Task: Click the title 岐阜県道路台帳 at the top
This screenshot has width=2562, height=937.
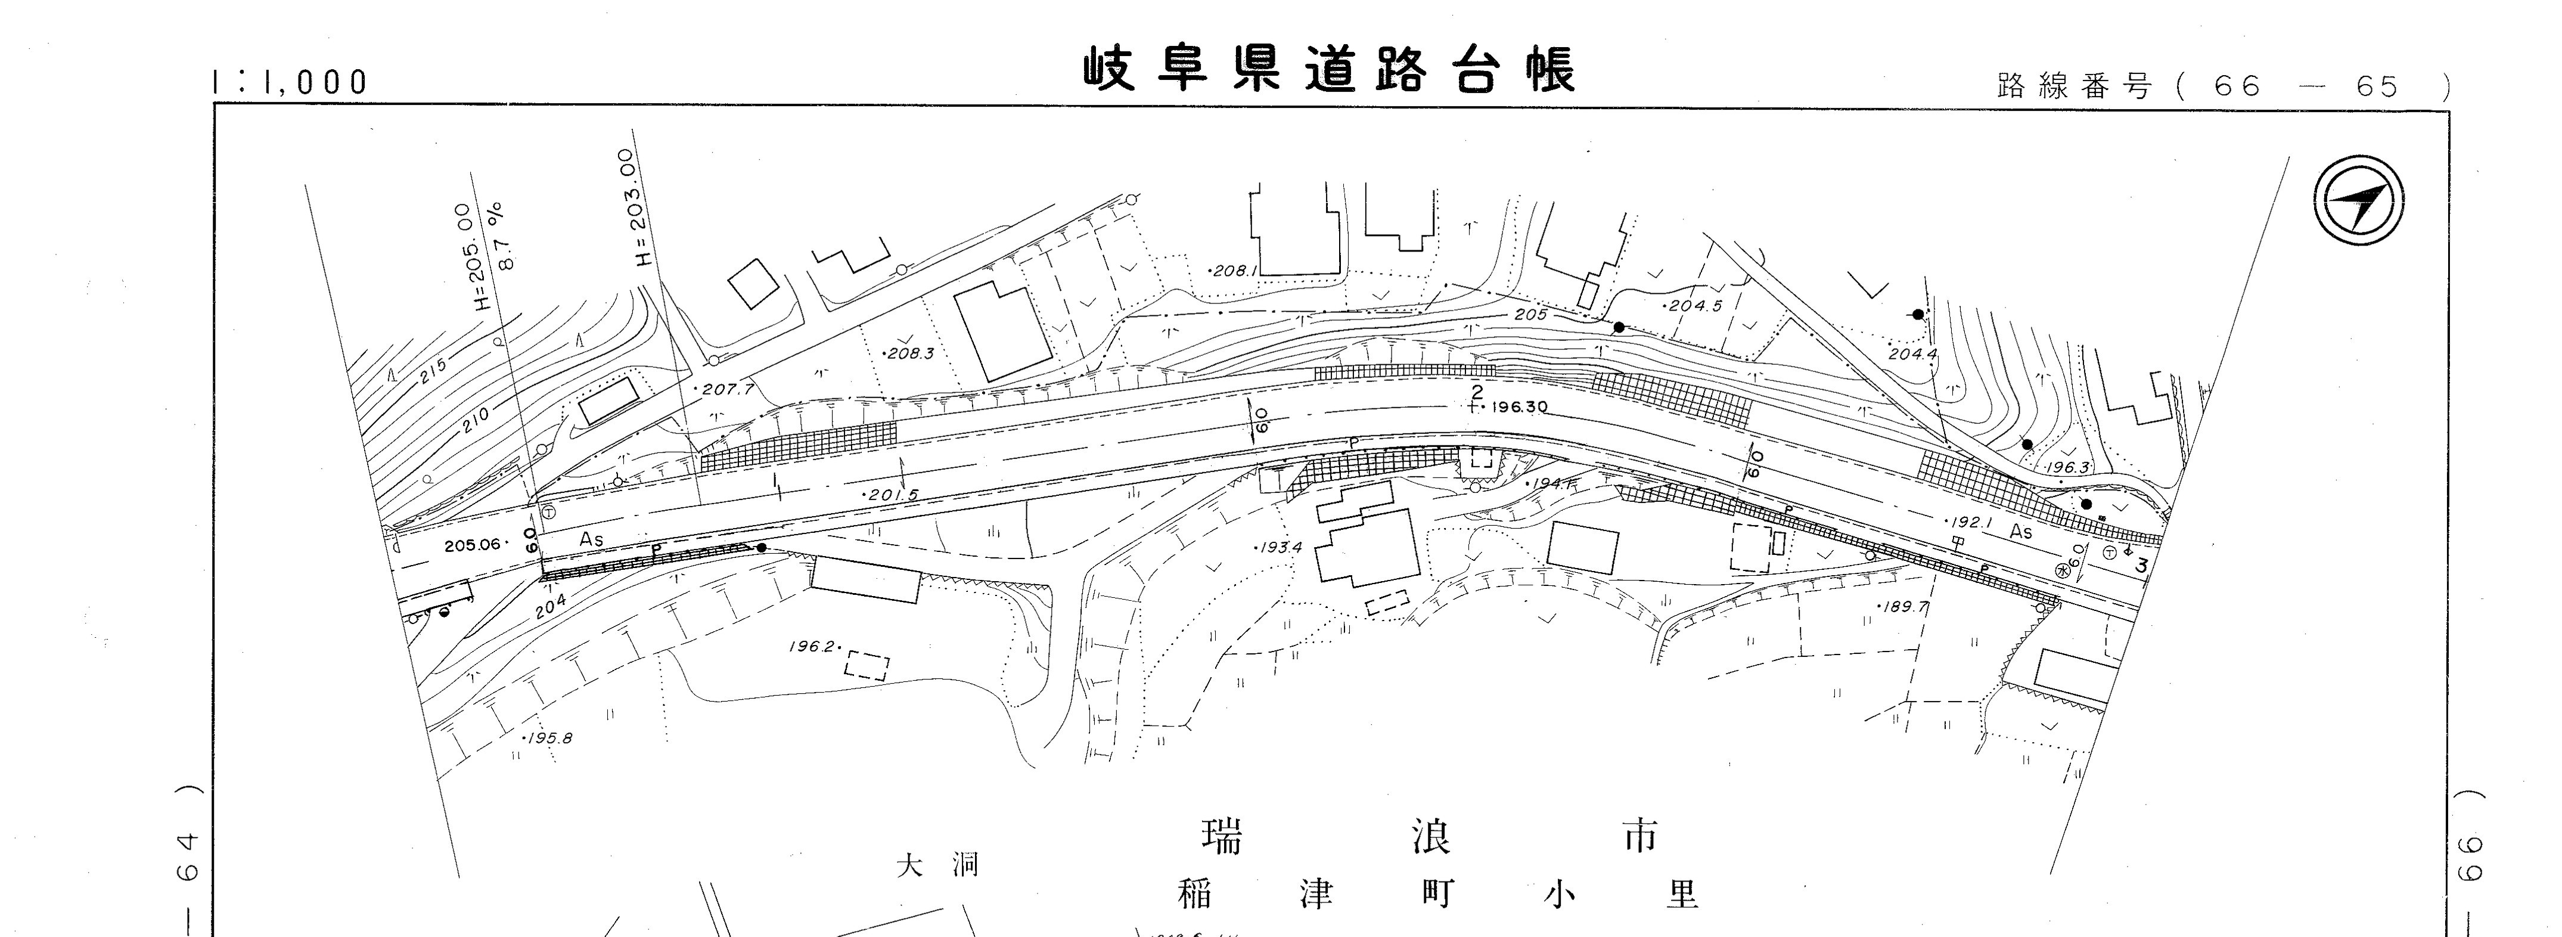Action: click(1329, 70)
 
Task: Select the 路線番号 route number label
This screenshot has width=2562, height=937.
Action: click(2074, 86)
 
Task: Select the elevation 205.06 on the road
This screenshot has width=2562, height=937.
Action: click(473, 545)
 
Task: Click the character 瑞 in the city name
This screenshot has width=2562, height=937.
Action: click(1222, 836)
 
